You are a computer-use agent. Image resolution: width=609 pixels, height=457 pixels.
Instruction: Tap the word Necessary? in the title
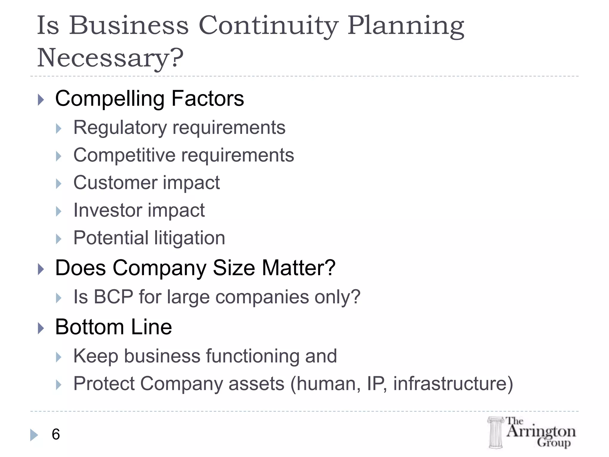pyautogui.click(x=110, y=58)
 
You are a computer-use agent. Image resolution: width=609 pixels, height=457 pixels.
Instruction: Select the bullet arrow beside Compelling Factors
pyautogui.click(x=41, y=100)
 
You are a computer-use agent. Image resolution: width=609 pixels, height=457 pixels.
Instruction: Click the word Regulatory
pyautogui.click(x=120, y=128)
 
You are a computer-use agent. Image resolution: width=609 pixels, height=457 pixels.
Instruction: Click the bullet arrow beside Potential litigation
pyautogui.click(x=59, y=239)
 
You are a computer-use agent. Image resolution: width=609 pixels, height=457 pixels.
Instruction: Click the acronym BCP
pyautogui.click(x=113, y=297)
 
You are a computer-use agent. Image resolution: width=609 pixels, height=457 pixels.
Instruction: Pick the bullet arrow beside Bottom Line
pyautogui.click(x=41, y=328)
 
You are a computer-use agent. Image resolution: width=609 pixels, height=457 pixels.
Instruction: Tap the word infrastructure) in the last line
pyautogui.click(x=453, y=384)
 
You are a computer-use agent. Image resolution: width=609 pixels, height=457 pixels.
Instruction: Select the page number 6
pyautogui.click(x=56, y=434)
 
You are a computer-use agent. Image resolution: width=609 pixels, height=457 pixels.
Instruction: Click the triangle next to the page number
pyautogui.click(x=34, y=435)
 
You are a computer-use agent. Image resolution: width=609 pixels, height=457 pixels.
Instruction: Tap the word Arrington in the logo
pyautogui.click(x=541, y=431)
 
